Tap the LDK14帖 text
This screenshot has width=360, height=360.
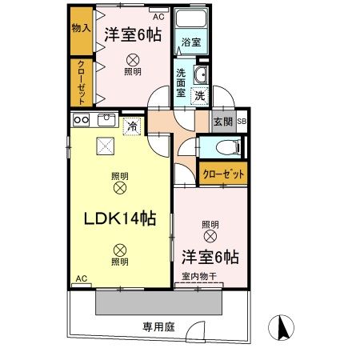click(x=115, y=217)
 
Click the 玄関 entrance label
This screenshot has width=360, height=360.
click(x=222, y=122)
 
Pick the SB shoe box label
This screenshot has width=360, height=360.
click(x=242, y=122)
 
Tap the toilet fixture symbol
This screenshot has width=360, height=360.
click(x=223, y=149)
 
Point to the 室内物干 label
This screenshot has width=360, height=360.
click(x=198, y=277)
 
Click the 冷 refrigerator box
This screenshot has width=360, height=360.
click(x=134, y=126)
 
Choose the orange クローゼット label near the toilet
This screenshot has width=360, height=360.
click(x=223, y=174)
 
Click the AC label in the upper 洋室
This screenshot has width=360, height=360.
click(x=158, y=14)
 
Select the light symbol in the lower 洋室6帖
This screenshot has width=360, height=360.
click(x=210, y=236)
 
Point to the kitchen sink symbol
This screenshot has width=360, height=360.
click(x=108, y=121)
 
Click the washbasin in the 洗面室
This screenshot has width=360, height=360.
click(x=202, y=76)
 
